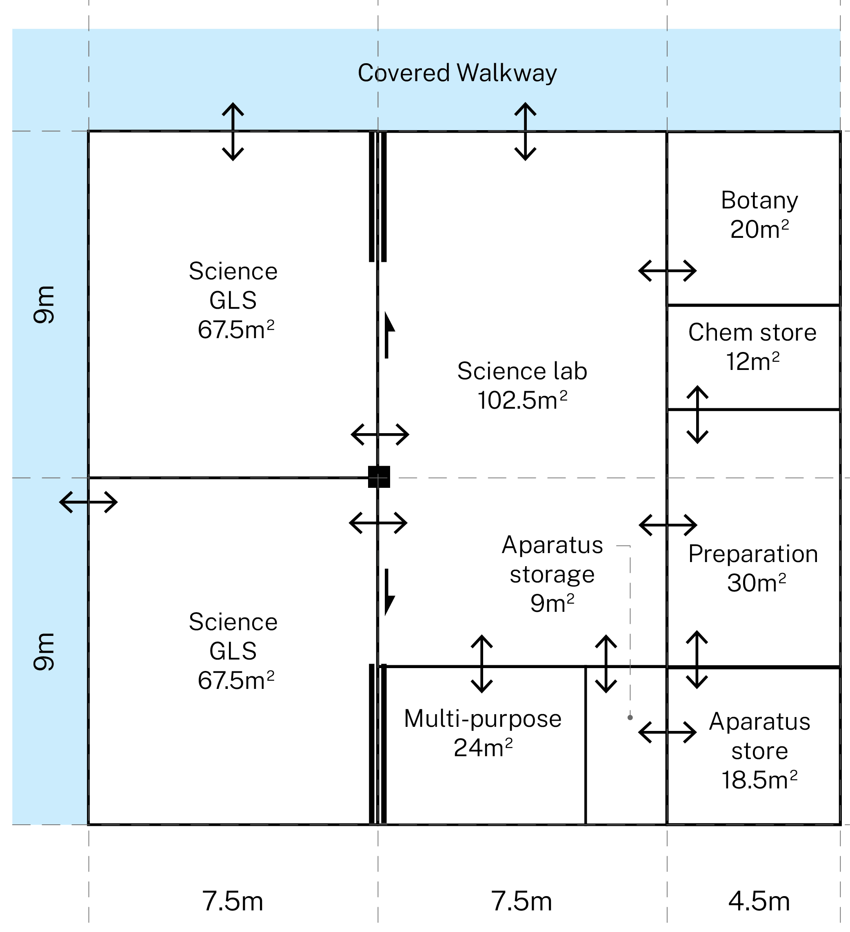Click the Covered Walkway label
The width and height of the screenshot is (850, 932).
[x=457, y=73]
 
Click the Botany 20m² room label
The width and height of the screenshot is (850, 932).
[x=759, y=215]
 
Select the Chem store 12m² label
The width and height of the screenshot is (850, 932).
[x=752, y=347]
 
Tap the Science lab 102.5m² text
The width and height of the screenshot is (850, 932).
[x=522, y=385]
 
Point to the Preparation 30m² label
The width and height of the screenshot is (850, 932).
[x=753, y=568]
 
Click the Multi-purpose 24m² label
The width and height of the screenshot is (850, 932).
[x=483, y=733]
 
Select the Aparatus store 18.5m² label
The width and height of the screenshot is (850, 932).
[x=759, y=751]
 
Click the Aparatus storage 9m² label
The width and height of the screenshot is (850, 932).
[x=552, y=574]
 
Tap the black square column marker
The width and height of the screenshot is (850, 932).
[x=379, y=477]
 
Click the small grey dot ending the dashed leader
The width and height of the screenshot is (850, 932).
[x=630, y=717]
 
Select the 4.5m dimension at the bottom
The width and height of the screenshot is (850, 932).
[x=759, y=901]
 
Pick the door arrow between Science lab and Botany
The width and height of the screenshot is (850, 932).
[x=667, y=270]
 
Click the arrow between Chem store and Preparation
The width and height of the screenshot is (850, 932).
[x=697, y=415]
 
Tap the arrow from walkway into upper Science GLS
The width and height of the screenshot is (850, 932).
[x=233, y=131]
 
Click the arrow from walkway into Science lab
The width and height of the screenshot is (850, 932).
[x=525, y=131]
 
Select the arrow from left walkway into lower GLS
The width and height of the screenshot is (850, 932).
[x=88, y=502]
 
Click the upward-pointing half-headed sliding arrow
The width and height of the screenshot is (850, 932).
[x=388, y=336]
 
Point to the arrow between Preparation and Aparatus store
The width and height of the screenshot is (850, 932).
[x=697, y=660]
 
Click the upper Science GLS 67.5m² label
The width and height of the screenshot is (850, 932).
[x=233, y=301]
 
